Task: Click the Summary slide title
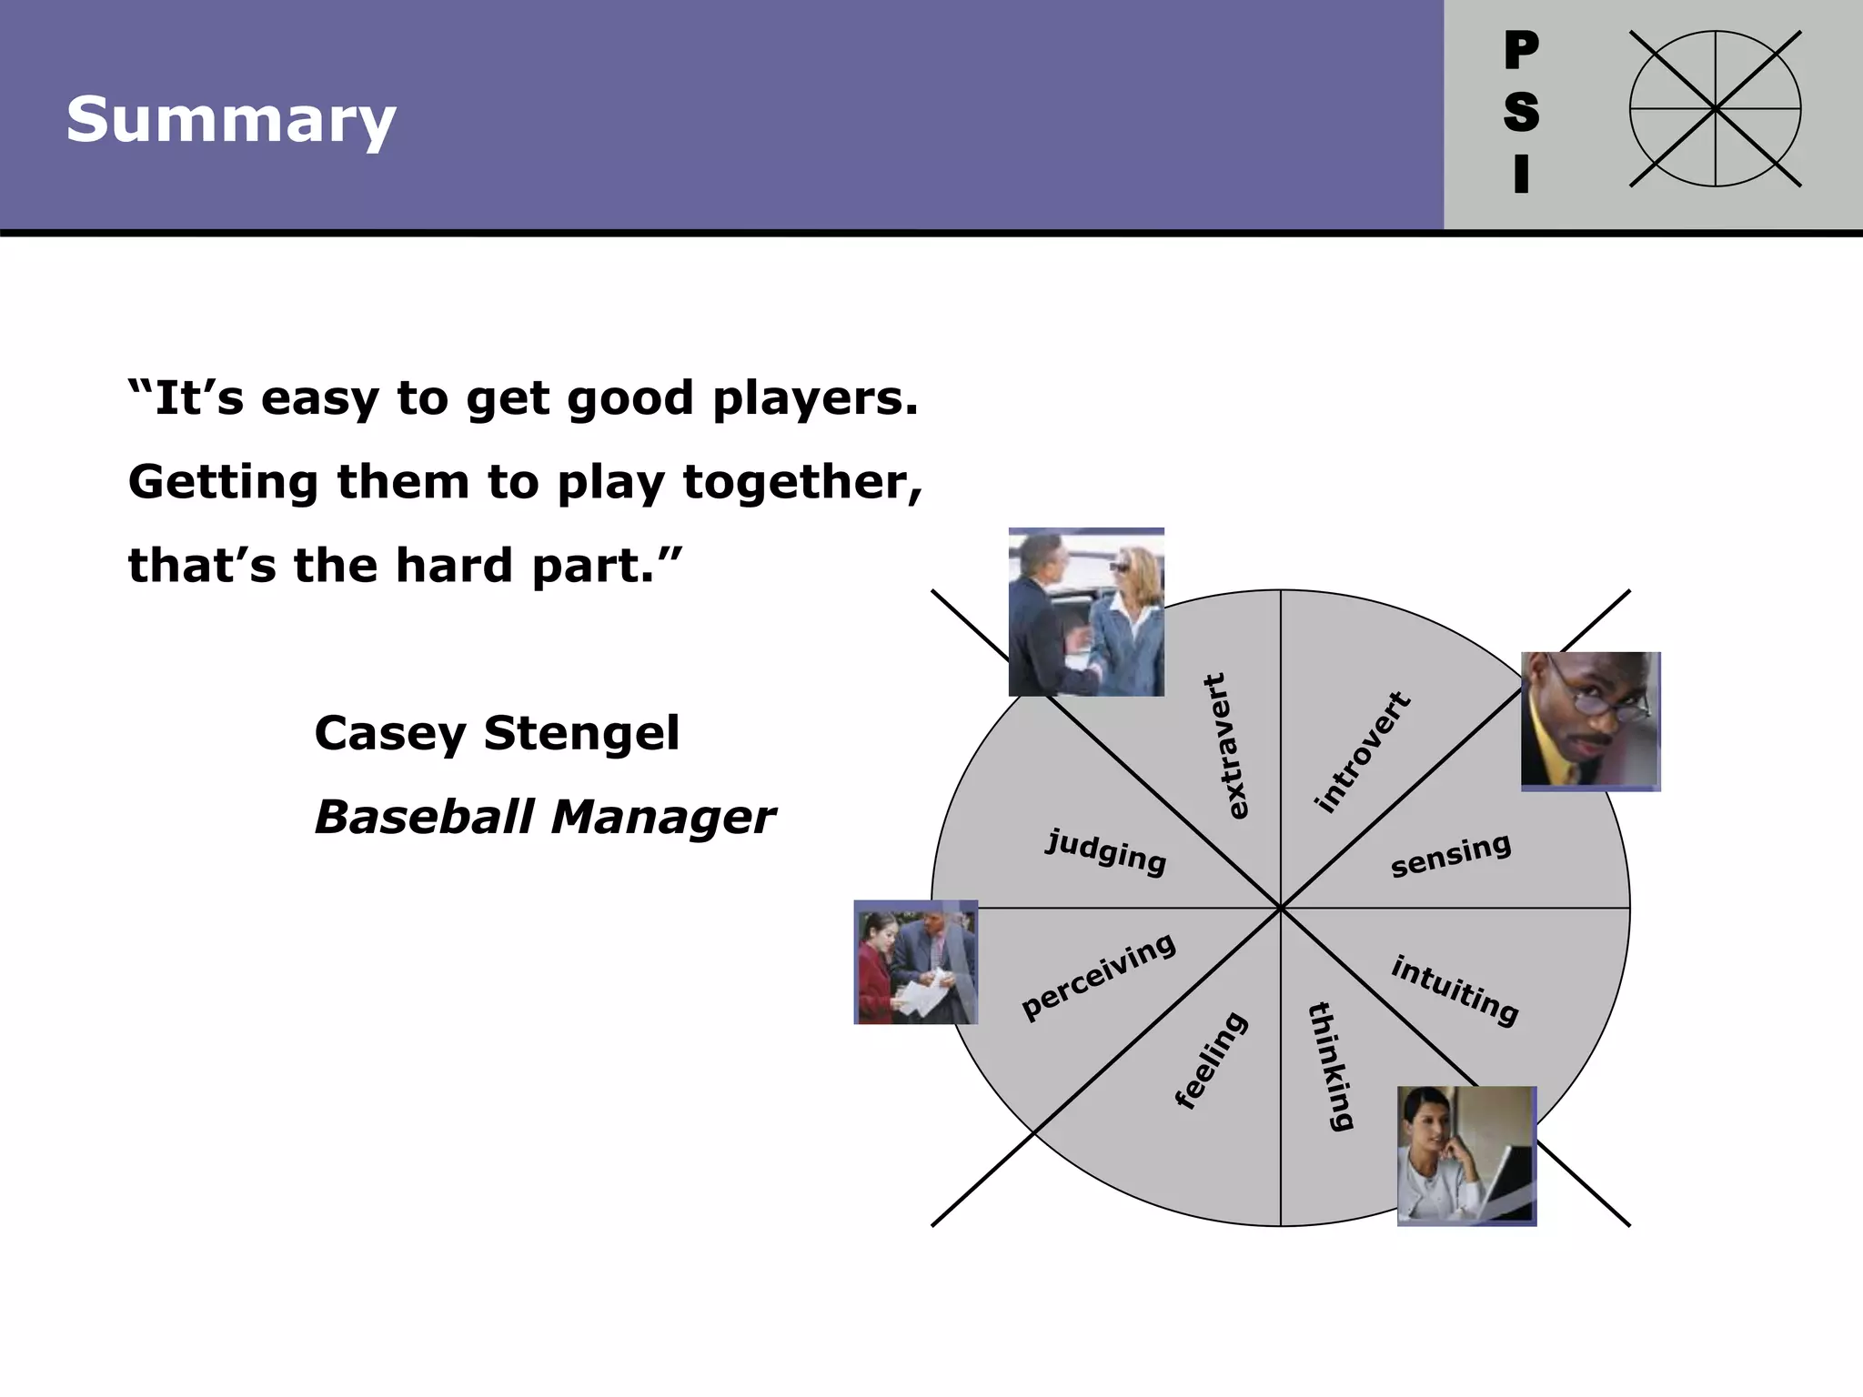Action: [x=231, y=120]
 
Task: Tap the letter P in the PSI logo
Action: [x=1521, y=51]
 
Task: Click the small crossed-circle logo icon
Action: [x=1715, y=109]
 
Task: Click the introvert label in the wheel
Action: [x=1362, y=752]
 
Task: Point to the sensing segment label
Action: [x=1450, y=856]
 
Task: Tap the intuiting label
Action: [x=1454, y=990]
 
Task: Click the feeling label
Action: [x=1212, y=1060]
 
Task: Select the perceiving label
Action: [x=1098, y=977]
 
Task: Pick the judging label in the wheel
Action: [x=1105, y=852]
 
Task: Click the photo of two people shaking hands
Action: [x=1086, y=612]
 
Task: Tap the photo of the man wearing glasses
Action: [x=1590, y=721]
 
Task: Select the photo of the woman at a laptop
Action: [x=1466, y=1156]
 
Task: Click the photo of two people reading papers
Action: [x=915, y=962]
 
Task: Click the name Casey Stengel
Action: [x=496, y=733]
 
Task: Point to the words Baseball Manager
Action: [x=544, y=817]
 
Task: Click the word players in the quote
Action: [x=815, y=399]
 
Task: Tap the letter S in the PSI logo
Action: [x=1521, y=113]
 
